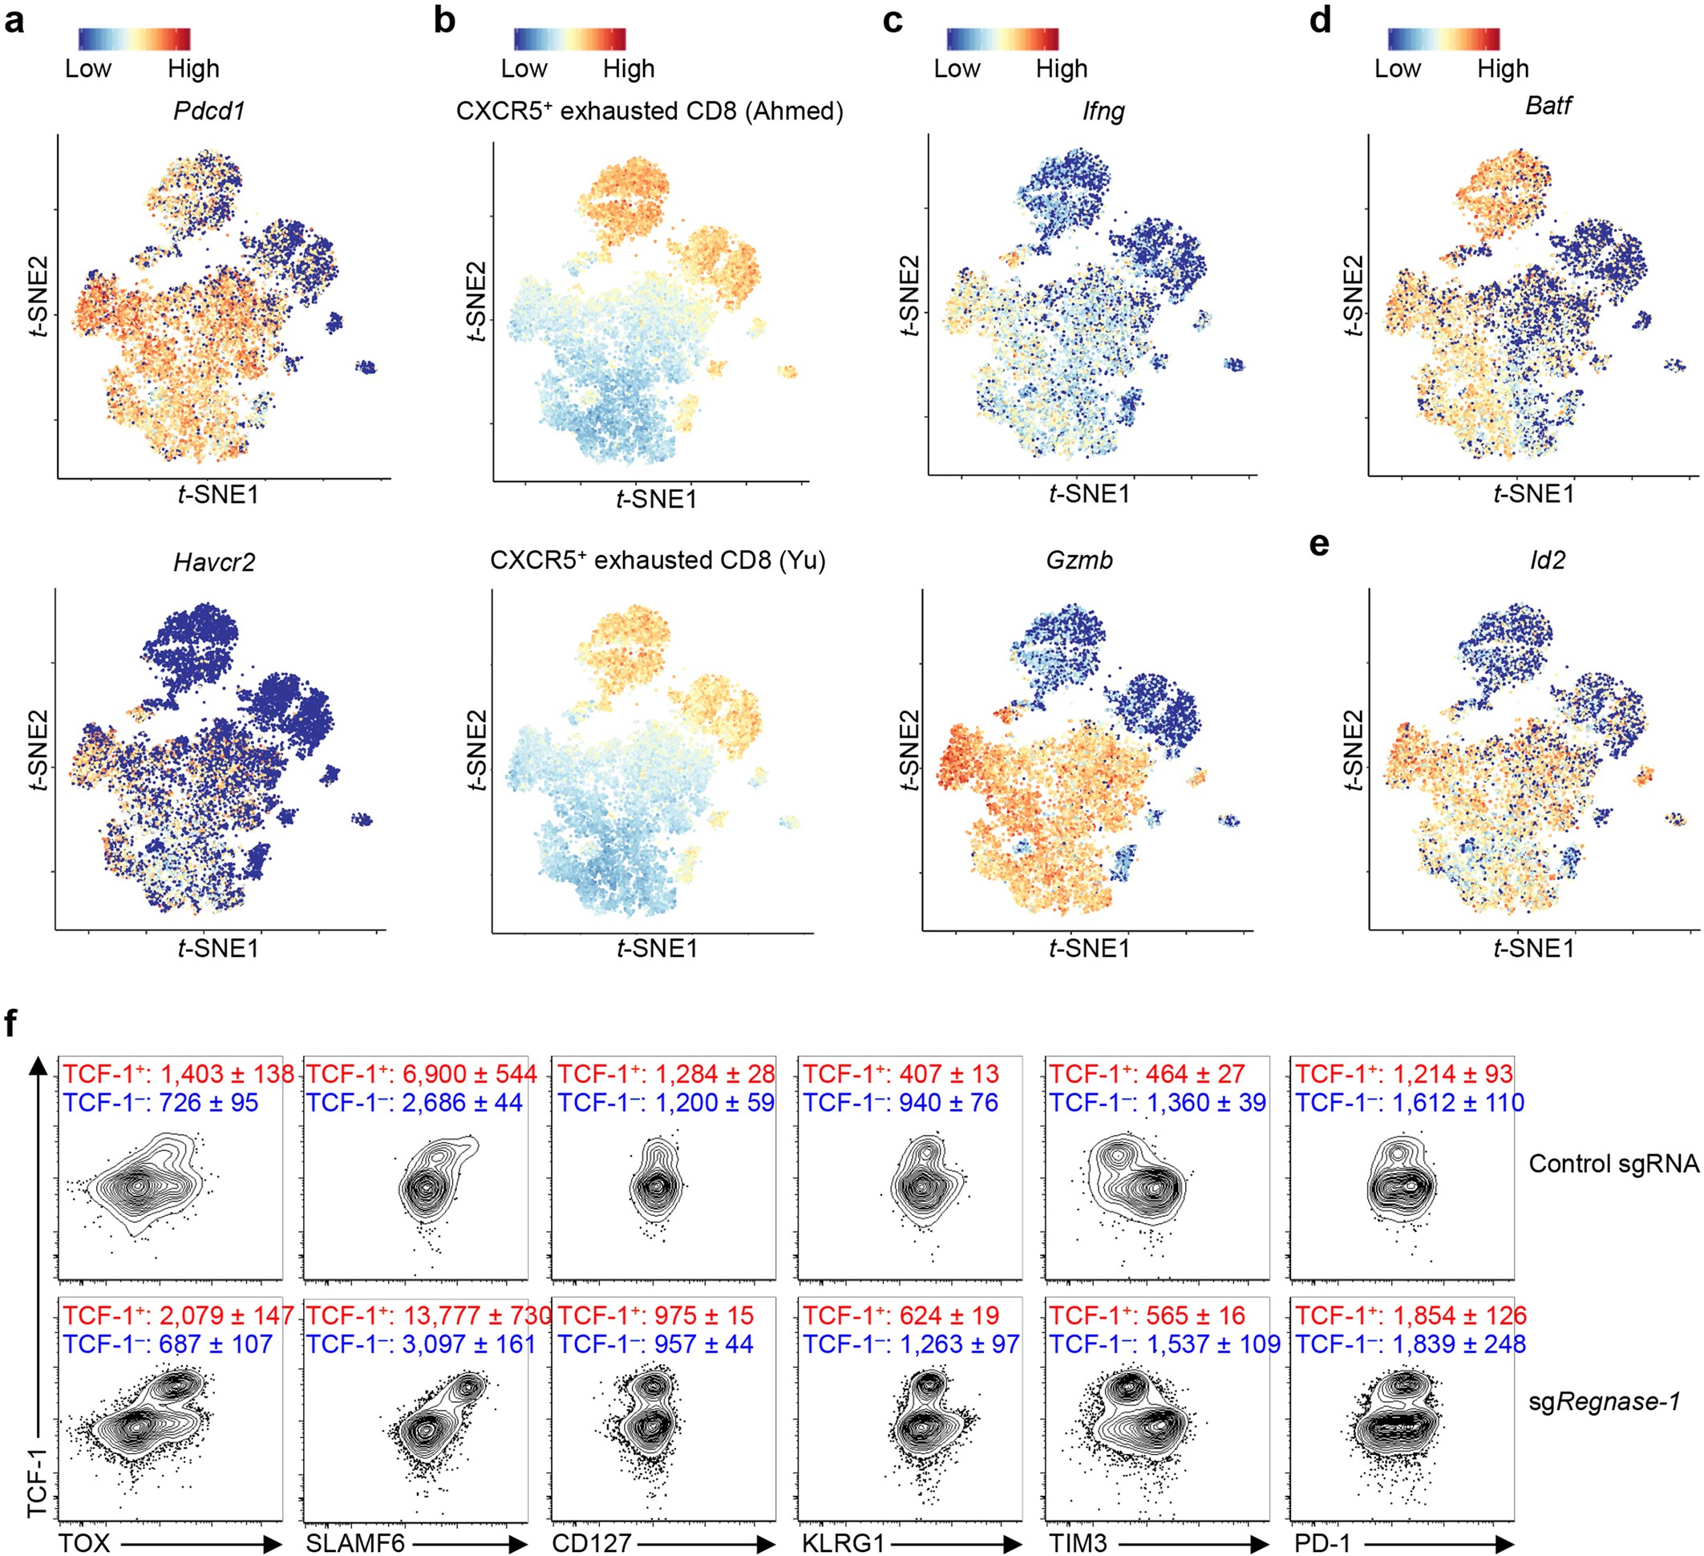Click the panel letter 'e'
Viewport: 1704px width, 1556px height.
pos(1318,545)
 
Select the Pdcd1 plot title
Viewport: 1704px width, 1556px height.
pos(208,111)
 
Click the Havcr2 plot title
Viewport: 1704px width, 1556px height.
pos(214,562)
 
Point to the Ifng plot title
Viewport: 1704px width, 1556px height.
pos(1103,111)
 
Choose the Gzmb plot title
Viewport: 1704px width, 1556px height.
pos(1079,560)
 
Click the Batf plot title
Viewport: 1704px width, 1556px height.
pos(1548,105)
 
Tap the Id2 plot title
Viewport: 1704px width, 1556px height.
pos(1547,560)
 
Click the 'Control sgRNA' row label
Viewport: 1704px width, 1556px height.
pos(1613,1164)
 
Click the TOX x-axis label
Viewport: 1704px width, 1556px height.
pos(83,1542)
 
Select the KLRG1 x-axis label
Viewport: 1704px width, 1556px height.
pos(842,1542)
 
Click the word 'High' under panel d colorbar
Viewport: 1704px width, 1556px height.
pos(1502,68)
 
